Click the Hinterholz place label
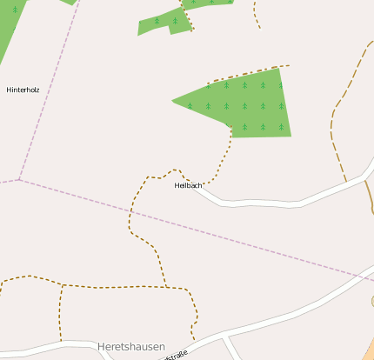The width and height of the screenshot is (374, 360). pyautogui.click(x=23, y=90)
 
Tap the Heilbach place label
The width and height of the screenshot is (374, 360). pyautogui.click(x=188, y=185)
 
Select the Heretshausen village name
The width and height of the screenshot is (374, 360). pyautogui.click(x=130, y=346)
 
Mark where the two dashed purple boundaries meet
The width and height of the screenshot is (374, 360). pyautogui.click(x=19, y=180)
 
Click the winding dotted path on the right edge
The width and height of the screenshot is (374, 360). pyautogui.click(x=334, y=130)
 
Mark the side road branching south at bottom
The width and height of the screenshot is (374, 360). pyautogui.click(x=231, y=348)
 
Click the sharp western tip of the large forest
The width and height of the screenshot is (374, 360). pyautogui.click(x=174, y=101)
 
